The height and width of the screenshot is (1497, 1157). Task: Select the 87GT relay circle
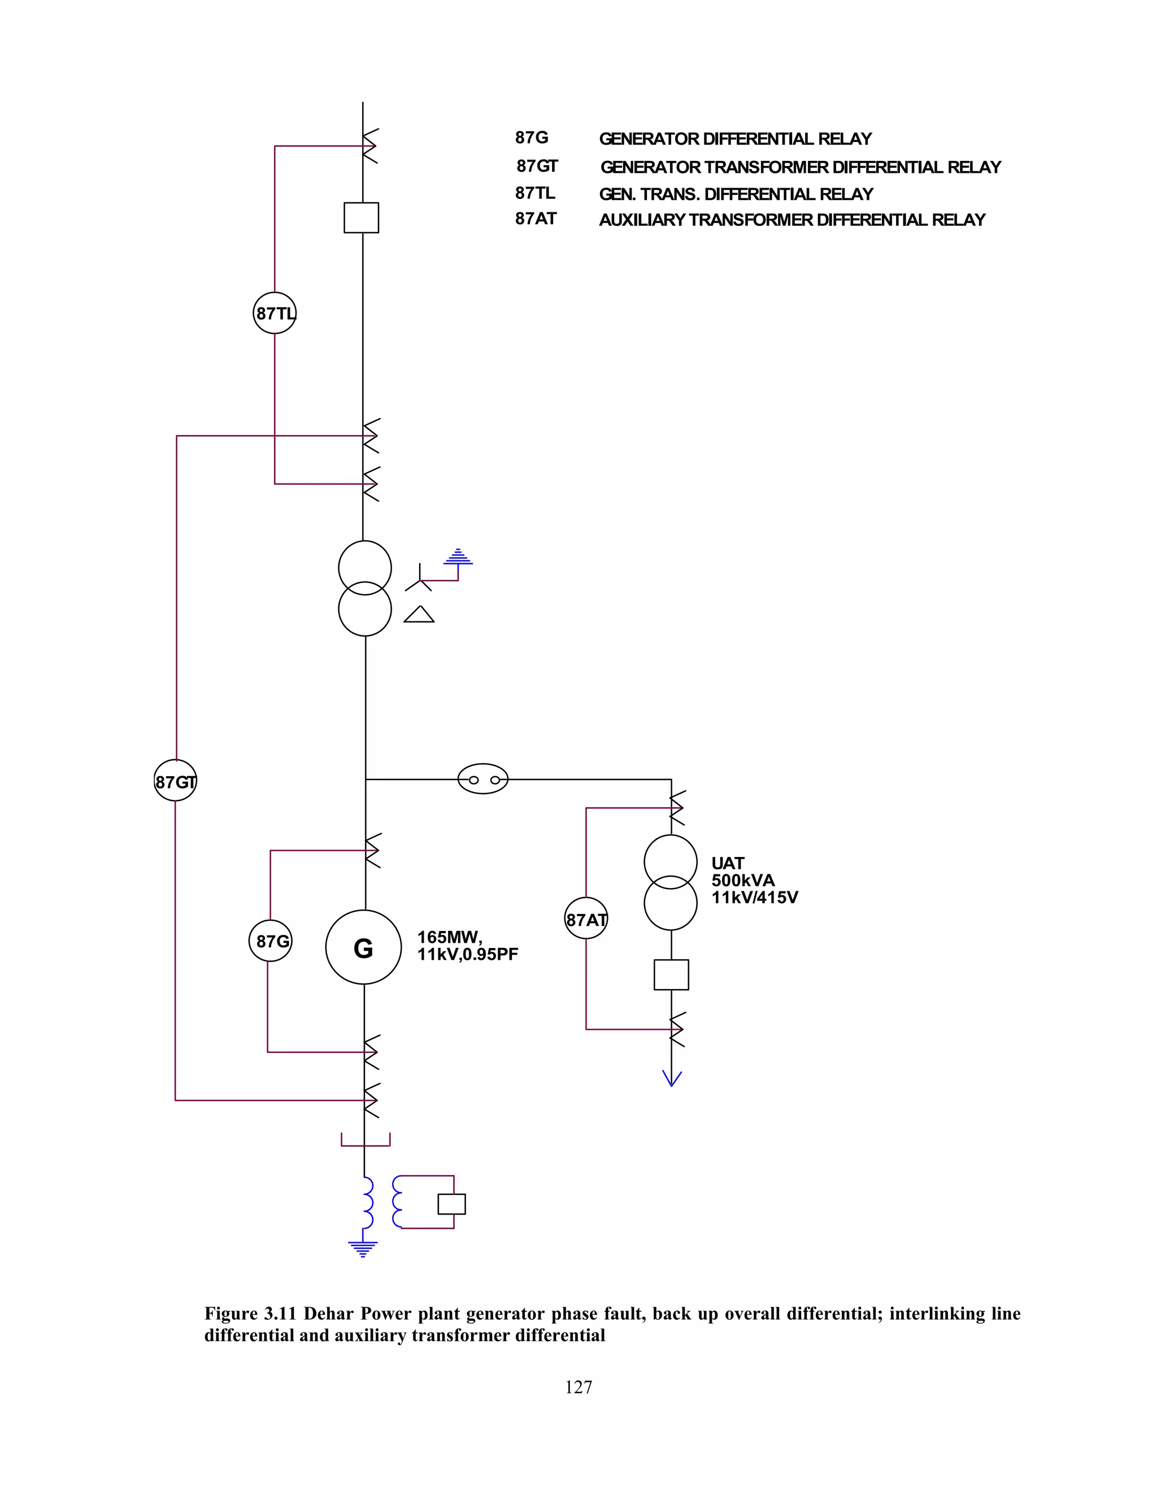pos(176,781)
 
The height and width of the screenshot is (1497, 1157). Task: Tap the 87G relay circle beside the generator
pos(270,941)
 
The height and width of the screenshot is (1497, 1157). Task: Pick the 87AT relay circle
pos(586,919)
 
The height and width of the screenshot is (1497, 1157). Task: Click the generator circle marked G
pos(363,948)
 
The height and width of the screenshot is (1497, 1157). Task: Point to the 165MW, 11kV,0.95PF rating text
pos(467,946)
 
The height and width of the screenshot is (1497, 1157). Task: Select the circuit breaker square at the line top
pos(361,218)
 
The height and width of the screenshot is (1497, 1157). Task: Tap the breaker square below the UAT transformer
pos(671,974)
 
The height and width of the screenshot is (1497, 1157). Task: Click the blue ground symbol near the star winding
pos(458,557)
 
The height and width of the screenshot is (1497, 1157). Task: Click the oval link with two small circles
pos(482,778)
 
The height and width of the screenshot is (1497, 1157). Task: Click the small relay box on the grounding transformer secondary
pos(452,1204)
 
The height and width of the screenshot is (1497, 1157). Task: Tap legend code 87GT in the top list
pos(537,167)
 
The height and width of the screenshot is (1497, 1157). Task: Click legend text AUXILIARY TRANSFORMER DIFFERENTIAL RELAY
pos(791,220)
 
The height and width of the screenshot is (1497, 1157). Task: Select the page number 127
pos(578,1387)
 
